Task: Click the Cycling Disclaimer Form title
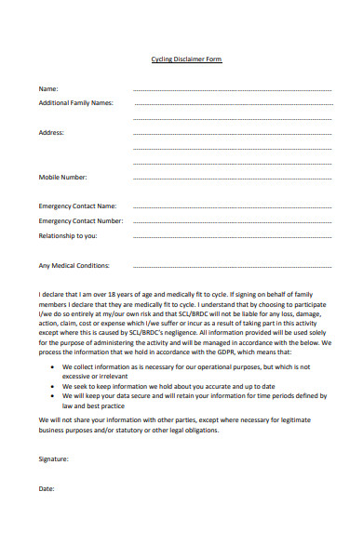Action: coord(186,60)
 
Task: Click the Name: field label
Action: coord(48,89)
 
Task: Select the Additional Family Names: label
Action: coord(75,103)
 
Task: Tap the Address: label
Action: coord(51,133)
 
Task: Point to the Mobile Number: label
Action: coord(62,177)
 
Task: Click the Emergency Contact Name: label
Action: coord(77,206)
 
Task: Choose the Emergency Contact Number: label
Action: coord(80,221)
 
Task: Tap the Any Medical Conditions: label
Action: coord(74,266)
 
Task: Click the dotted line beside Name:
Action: coord(233,90)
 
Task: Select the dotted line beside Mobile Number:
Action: coord(233,178)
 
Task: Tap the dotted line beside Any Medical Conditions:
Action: coord(233,267)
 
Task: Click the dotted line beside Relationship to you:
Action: coord(233,237)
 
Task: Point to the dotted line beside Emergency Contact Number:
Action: coord(233,222)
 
